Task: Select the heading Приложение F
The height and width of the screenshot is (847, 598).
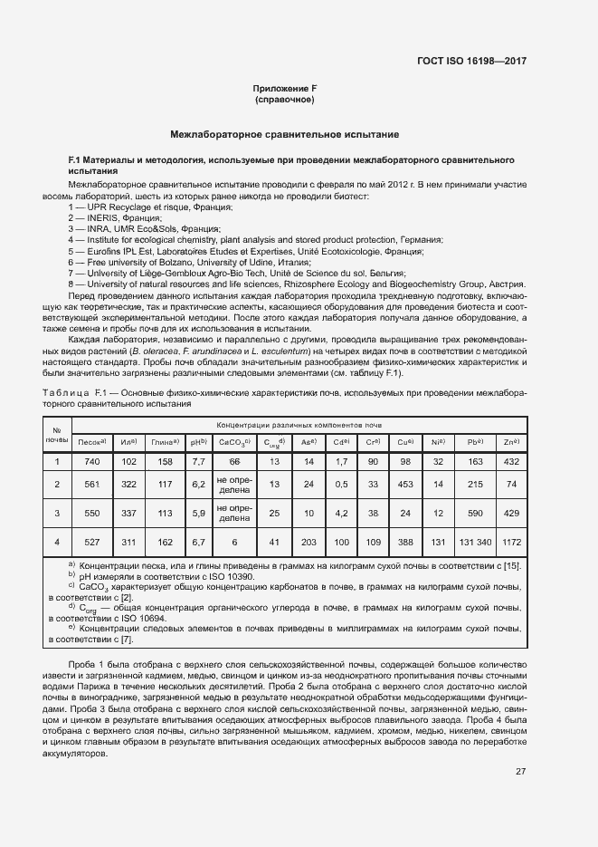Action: click(x=285, y=88)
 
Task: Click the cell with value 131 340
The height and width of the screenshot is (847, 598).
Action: click(x=472, y=542)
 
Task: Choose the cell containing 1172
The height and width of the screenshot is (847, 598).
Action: click(x=511, y=542)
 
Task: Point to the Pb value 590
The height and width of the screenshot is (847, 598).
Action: click(x=472, y=513)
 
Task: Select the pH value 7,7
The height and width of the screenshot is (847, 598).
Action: click(x=198, y=461)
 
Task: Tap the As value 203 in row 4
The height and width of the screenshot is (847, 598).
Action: click(x=308, y=542)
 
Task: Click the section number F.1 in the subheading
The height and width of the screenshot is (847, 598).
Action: click(x=76, y=159)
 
